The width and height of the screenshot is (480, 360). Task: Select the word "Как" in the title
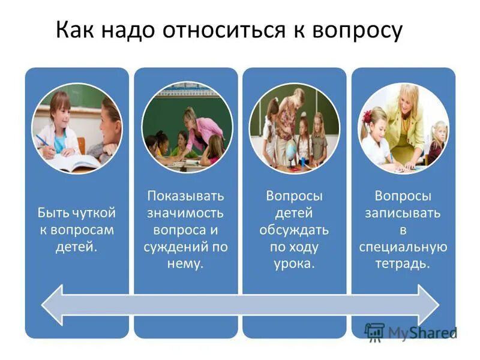pos(77,31)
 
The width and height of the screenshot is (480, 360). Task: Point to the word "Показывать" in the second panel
pos(185,197)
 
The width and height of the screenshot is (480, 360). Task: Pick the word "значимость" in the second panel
pos(185,213)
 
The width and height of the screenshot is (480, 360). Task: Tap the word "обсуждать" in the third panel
pos(294,230)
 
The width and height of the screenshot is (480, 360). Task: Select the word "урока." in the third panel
pos(294,263)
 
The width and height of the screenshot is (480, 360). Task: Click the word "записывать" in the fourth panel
pos(403,213)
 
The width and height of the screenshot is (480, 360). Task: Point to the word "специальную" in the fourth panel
pos(403,247)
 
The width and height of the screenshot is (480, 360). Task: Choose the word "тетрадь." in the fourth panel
pos(403,263)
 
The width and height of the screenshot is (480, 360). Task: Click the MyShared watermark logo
pos(410,332)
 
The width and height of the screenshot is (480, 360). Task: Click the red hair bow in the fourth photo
pos(367,117)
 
